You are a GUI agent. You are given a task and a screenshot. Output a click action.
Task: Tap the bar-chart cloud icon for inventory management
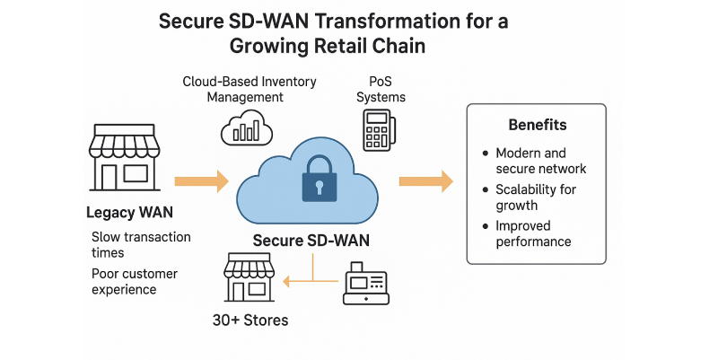(246, 128)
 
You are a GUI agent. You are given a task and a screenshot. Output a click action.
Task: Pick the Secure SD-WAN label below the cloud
(311, 240)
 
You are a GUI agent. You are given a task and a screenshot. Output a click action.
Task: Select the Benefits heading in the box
(537, 125)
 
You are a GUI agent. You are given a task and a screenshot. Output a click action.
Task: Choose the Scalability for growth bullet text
(536, 198)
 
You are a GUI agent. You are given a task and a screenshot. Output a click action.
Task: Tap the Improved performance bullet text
(533, 233)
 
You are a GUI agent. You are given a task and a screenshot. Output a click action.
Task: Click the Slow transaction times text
(141, 245)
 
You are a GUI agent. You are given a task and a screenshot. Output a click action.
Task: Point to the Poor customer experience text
(135, 281)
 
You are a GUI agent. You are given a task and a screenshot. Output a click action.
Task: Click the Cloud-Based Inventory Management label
(249, 89)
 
